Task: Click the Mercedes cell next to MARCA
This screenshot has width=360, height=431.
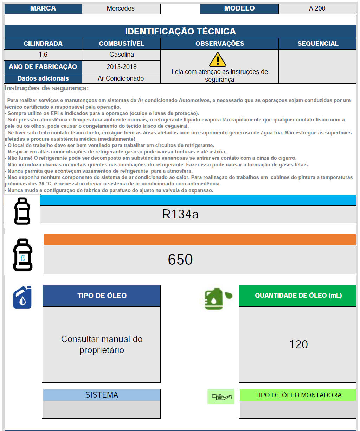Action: pos(121,8)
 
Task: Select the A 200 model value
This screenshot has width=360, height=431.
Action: pos(317,8)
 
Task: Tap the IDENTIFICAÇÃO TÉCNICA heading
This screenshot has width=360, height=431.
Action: pos(180,31)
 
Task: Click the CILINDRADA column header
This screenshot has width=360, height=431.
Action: pos(43,44)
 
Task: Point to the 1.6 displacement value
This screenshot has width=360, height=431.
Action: pos(43,55)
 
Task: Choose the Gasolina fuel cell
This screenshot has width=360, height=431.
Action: pos(121,55)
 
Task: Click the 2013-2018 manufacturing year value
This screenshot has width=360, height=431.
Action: pos(121,66)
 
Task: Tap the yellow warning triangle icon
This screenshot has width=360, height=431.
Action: pos(218,60)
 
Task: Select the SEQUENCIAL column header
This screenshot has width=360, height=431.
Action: pos(317,44)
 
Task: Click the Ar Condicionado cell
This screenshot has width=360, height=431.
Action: pos(121,78)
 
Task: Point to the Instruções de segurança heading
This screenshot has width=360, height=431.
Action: pos(47,88)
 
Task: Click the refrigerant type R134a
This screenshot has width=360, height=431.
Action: pos(180,214)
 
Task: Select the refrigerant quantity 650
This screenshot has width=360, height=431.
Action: pos(180,260)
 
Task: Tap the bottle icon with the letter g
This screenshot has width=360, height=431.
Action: pos(23,255)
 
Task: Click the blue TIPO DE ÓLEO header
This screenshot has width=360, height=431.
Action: pos(102,296)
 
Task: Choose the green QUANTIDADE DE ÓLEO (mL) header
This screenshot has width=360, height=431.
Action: pos(298,296)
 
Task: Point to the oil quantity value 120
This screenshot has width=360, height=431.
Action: pos(298,344)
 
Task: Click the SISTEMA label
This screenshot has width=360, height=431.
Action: pos(102,395)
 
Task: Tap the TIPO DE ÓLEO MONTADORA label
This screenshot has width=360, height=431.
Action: pos(298,395)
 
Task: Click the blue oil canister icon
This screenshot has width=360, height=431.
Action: pos(22,298)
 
